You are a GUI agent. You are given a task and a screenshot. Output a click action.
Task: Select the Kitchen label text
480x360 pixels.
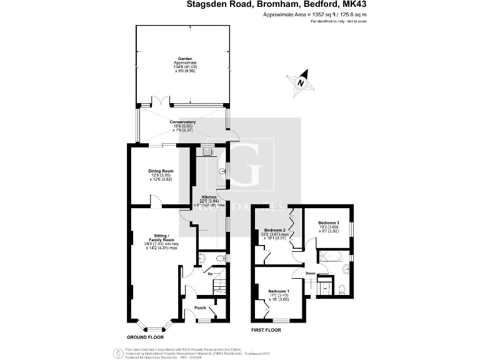(209, 197)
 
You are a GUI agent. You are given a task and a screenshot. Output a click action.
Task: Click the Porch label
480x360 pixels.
(200, 307)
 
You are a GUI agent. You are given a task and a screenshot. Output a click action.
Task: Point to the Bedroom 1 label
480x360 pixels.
(279, 291)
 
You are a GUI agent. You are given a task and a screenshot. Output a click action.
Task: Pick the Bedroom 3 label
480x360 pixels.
(328, 223)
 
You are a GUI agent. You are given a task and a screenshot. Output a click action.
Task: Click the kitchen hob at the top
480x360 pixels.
(205, 151)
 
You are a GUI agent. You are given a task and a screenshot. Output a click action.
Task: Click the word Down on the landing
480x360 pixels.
(309, 273)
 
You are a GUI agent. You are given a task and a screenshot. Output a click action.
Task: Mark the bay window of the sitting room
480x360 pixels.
(155, 327)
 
